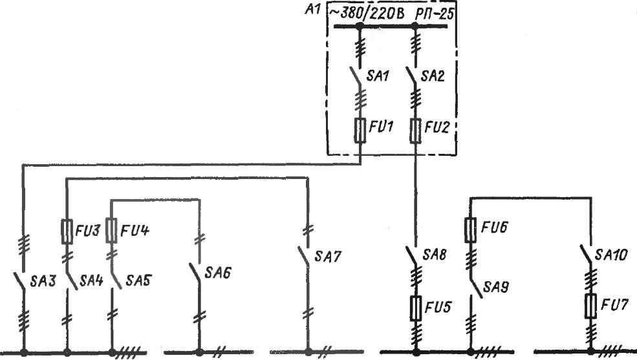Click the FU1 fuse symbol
(360, 130)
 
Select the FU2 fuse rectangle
(415, 130)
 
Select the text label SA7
(327, 257)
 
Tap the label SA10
(613, 256)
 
